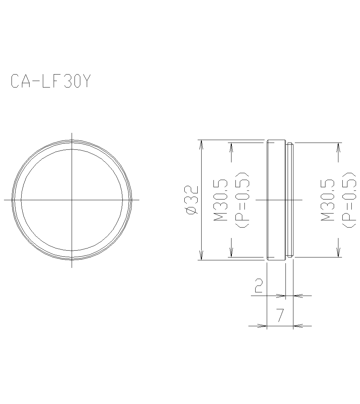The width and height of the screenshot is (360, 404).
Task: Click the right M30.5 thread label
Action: click(x=329, y=200)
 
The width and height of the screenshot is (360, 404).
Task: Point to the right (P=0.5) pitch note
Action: click(x=349, y=200)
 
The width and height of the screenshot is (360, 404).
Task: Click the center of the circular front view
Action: click(x=72, y=199)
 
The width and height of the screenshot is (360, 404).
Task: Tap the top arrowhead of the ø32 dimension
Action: click(x=201, y=143)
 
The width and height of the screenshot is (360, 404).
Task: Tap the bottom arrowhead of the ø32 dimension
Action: click(x=201, y=256)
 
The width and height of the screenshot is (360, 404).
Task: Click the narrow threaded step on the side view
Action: click(x=289, y=200)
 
